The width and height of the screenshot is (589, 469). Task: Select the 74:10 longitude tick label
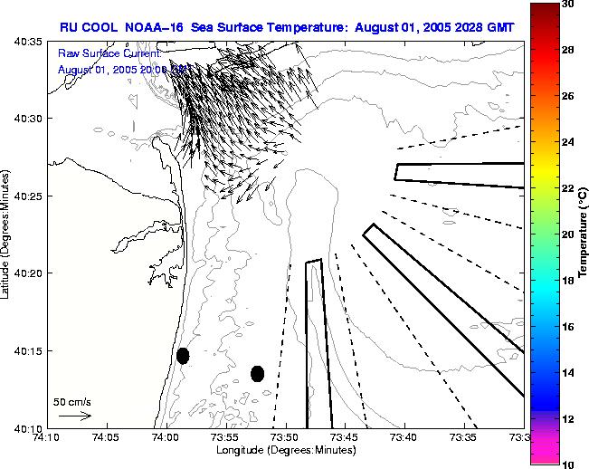coord(46,437)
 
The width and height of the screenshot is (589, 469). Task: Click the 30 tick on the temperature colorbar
coord(567,5)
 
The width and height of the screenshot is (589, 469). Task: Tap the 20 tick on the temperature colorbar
coord(567,234)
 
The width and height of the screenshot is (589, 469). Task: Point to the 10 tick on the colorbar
coord(567,464)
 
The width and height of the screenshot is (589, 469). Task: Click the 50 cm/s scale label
coord(72,401)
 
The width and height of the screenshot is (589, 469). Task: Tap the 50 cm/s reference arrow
coord(75,416)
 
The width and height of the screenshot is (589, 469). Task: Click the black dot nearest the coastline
coord(183,356)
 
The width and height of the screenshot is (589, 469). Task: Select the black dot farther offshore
coord(258,373)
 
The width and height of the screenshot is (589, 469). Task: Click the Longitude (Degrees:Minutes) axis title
coord(285,450)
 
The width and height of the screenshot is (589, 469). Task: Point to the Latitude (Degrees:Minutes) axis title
coord(8,235)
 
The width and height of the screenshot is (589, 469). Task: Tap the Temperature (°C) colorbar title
coord(584,234)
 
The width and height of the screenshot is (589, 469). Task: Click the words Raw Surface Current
coord(109,54)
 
